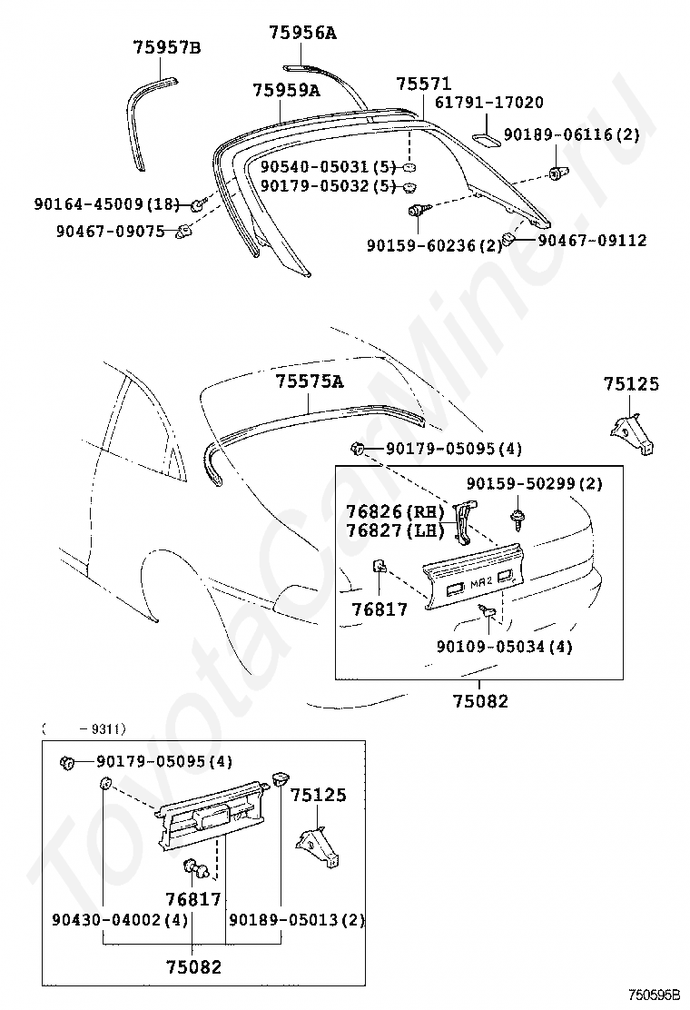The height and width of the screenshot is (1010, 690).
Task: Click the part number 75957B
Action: [166, 47]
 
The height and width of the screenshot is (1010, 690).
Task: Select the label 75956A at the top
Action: [302, 33]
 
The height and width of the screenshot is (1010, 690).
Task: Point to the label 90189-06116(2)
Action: [572, 134]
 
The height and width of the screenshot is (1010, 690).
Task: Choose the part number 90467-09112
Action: [592, 241]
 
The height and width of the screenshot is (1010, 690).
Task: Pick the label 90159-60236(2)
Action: [434, 245]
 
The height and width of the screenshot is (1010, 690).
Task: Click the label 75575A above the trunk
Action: [310, 382]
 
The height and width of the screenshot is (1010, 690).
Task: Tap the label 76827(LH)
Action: [392, 530]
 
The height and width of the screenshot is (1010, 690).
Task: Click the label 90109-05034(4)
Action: [503, 647]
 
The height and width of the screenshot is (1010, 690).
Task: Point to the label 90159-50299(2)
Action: [535, 484]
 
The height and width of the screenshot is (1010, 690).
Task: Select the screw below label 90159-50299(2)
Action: [517, 519]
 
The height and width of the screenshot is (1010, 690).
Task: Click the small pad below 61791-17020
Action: [487, 139]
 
